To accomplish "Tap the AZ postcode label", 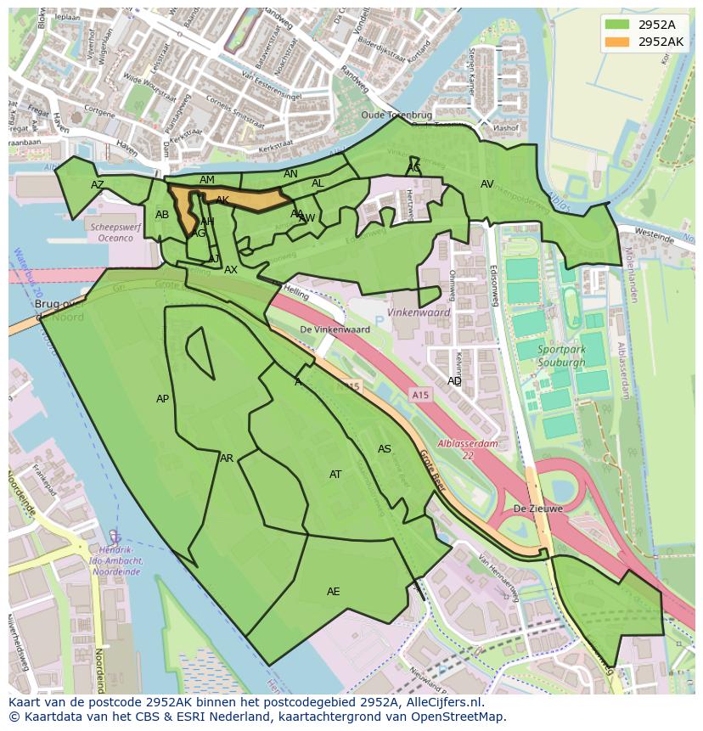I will (98, 184).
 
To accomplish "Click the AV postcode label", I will (487, 184).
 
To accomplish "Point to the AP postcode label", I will (163, 398).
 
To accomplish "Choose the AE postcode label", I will (334, 591).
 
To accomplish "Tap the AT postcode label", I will (335, 474).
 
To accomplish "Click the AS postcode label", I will (385, 448).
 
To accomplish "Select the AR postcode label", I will (227, 458).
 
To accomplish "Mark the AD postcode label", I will (454, 381).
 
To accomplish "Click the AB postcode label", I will (162, 215).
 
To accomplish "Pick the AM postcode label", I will (207, 180).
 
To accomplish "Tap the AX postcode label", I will (231, 270).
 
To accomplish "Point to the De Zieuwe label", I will (537, 509).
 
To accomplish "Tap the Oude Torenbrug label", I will (396, 115).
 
